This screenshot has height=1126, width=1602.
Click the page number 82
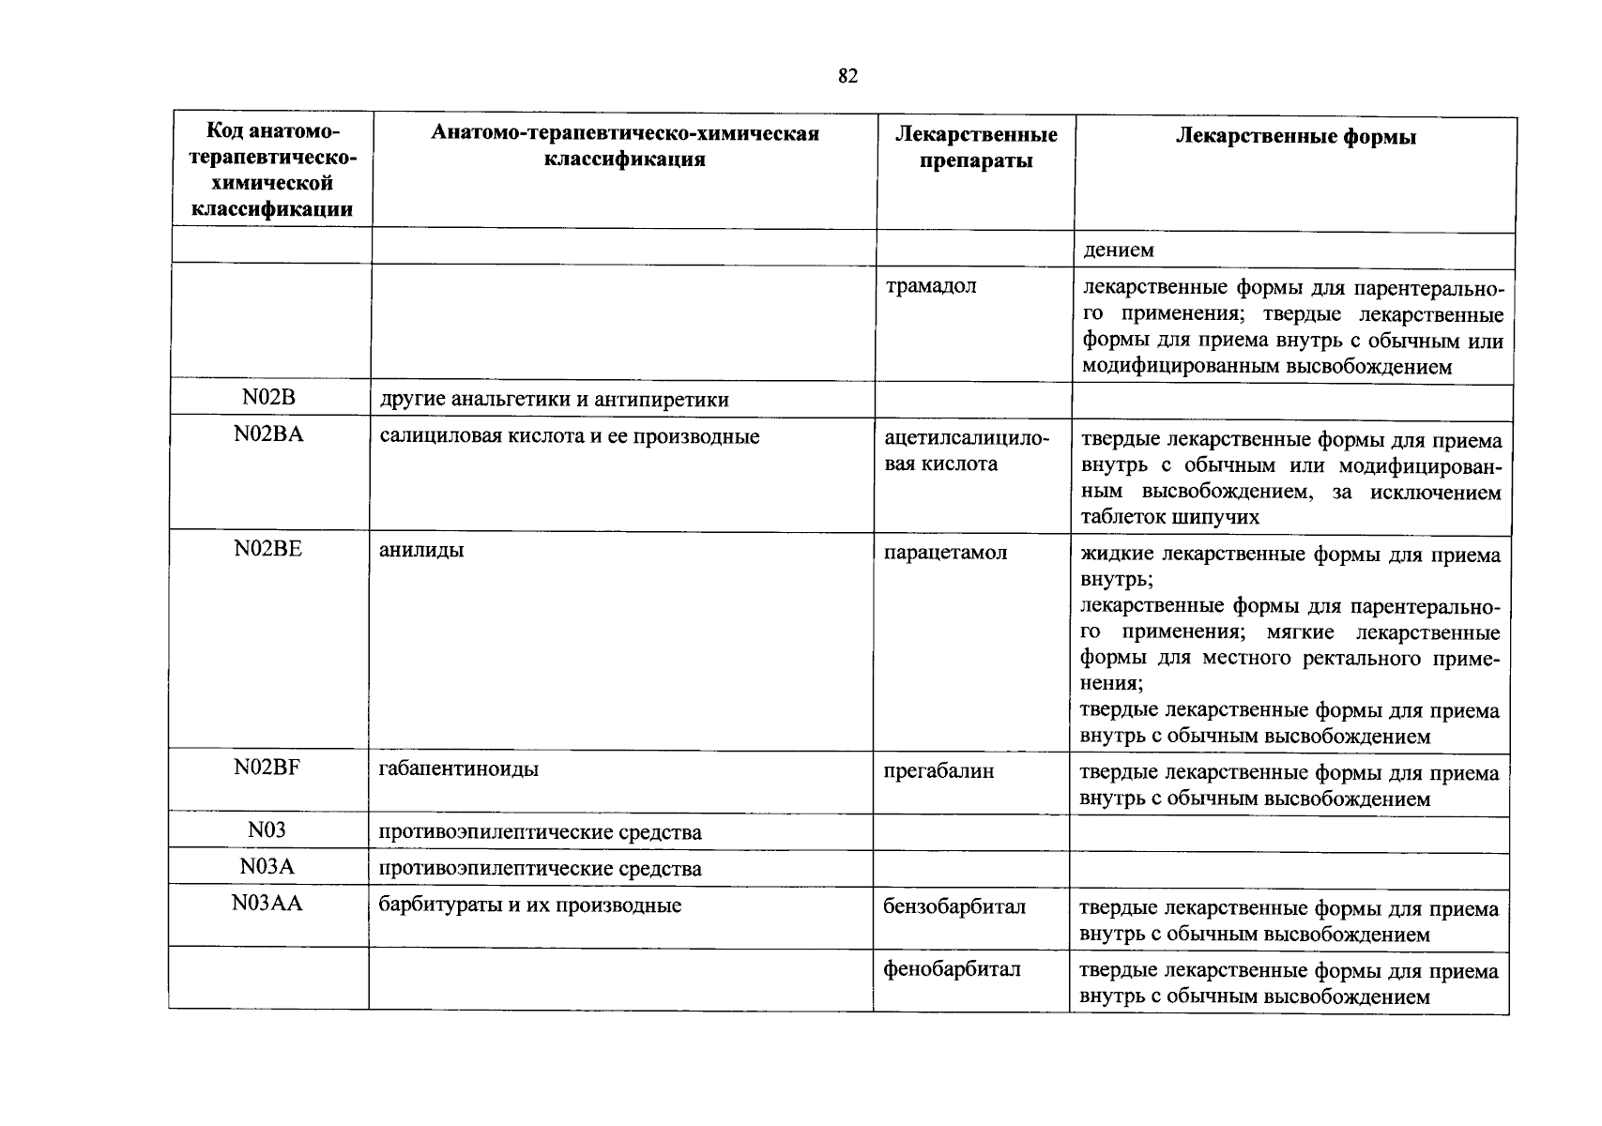pyautogui.click(x=847, y=77)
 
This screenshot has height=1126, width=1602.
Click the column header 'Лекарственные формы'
pyautogui.click(x=1296, y=137)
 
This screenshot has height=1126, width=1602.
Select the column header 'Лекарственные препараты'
pyautogui.click(x=976, y=147)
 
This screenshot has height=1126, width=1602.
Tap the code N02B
pyautogui.click(x=268, y=398)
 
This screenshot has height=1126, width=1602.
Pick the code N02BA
pyautogui.click(x=268, y=435)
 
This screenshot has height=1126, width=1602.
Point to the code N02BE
pyautogui.click(x=268, y=549)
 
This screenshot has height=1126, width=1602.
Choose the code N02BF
pyautogui.click(x=267, y=768)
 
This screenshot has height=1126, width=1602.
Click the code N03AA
pyautogui.click(x=267, y=905)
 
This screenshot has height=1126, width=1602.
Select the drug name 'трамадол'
pyautogui.click(x=931, y=285)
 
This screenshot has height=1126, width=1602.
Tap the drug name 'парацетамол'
pyautogui.click(x=945, y=553)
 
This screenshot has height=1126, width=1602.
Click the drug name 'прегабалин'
pyautogui.click(x=938, y=771)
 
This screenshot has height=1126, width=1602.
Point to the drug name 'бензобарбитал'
pyautogui.click(x=954, y=906)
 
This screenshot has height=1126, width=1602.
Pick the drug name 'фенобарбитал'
pyautogui.click(x=952, y=968)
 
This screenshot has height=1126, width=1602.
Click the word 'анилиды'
pyautogui.click(x=421, y=550)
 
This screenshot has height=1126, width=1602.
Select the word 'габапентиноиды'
pyautogui.click(x=459, y=770)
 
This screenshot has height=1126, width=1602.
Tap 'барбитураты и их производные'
pyautogui.click(x=529, y=905)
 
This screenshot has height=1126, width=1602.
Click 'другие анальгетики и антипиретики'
pyautogui.click(x=554, y=400)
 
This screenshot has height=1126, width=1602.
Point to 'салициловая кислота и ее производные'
pyautogui.click(x=569, y=436)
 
